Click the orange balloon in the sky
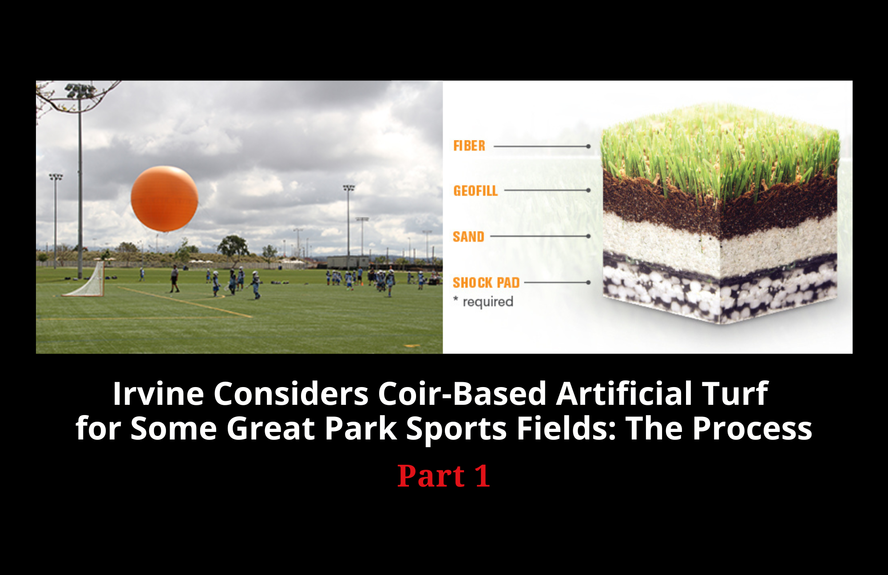[x=164, y=199]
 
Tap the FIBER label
[x=469, y=146]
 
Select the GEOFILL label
[x=475, y=191]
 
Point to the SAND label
[x=468, y=236]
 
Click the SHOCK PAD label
[x=486, y=283]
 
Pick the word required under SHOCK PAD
[x=488, y=302]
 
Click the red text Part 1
[x=444, y=476]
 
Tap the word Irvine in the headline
[x=158, y=393]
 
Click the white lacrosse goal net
[x=87, y=280]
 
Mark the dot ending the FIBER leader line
[x=588, y=146]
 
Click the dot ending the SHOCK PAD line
[x=588, y=282]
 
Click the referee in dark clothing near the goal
[x=175, y=279]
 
